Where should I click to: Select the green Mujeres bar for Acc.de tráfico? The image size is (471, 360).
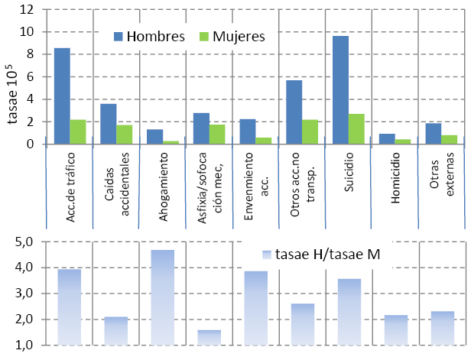[78, 131]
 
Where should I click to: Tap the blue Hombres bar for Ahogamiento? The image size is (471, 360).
[154, 137]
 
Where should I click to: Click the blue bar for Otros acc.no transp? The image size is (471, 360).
[294, 112]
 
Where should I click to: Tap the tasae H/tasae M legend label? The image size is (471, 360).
[321, 255]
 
